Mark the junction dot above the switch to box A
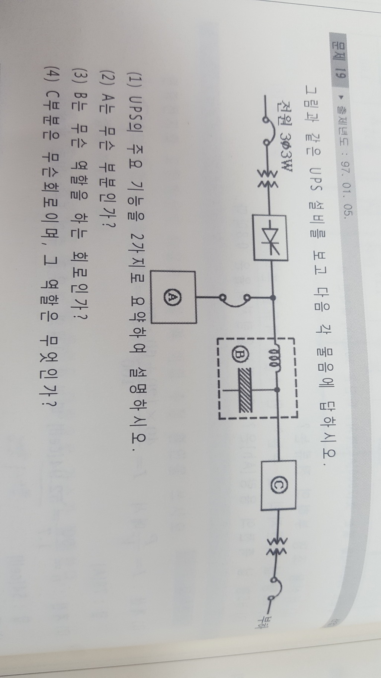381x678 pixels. tap(273, 297)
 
